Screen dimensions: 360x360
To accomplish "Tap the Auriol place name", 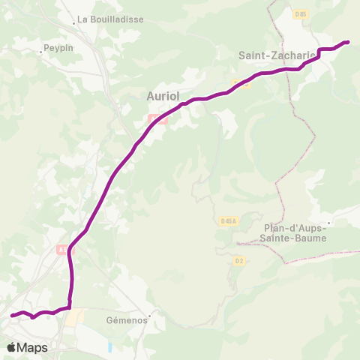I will [x=162, y=96].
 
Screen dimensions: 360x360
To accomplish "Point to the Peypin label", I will [x=56, y=46].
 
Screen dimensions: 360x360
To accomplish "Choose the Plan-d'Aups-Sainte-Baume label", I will [x=294, y=233].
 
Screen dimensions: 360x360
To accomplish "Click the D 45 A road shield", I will [x=229, y=220].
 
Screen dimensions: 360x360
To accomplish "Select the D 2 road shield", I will [x=239, y=260].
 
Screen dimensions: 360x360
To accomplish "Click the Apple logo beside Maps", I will [x=13, y=347].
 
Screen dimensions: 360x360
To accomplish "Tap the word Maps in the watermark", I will [x=33, y=347].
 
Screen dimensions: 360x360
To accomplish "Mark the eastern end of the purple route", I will [x=347, y=42].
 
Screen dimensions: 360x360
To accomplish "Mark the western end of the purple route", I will [x=12, y=316].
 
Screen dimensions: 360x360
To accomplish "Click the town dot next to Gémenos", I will [x=150, y=316].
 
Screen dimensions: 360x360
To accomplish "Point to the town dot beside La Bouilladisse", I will [x=74, y=23].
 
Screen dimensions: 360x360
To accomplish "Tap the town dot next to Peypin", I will [x=41, y=52].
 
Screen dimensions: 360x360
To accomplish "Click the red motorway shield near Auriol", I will [x=157, y=118].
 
